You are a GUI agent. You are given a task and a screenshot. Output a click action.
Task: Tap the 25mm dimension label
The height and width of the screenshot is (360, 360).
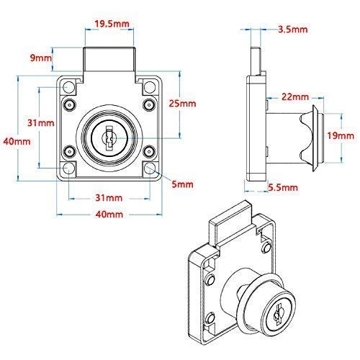[x=186, y=104]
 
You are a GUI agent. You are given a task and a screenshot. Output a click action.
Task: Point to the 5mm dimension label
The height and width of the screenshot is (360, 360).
[x=184, y=184]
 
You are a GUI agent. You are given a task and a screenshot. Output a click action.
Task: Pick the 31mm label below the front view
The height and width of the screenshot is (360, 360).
[x=108, y=197]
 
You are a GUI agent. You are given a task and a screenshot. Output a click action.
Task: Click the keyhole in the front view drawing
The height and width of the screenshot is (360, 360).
[x=108, y=136]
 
